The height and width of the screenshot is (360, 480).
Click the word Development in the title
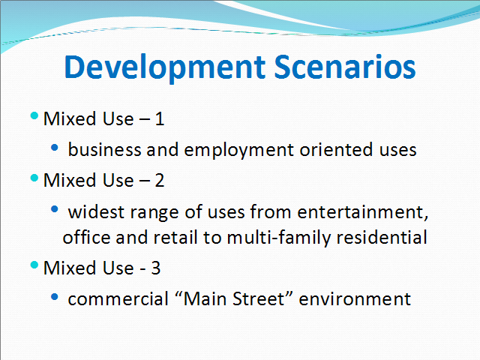[165, 68]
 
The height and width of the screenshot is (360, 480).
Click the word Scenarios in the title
[345, 67]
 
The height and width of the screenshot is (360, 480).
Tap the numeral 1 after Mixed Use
[160, 118]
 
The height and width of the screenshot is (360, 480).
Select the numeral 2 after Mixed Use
[160, 180]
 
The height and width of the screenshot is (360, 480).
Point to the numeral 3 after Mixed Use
[155, 268]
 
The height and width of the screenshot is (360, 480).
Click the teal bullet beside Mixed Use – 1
[34, 115]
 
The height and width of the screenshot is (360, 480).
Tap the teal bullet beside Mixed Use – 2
[34, 178]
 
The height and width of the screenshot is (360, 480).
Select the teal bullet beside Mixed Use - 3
[34, 265]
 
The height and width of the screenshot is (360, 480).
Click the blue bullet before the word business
[55, 148]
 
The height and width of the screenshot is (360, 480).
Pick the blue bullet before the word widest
[55, 209]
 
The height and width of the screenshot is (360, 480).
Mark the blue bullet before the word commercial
[55, 297]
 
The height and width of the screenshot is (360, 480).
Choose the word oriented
[336, 150]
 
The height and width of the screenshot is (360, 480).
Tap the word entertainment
[363, 212]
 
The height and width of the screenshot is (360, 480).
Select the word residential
[382, 237]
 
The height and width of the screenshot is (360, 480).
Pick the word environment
[355, 299]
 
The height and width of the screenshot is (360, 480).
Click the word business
[104, 150]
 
